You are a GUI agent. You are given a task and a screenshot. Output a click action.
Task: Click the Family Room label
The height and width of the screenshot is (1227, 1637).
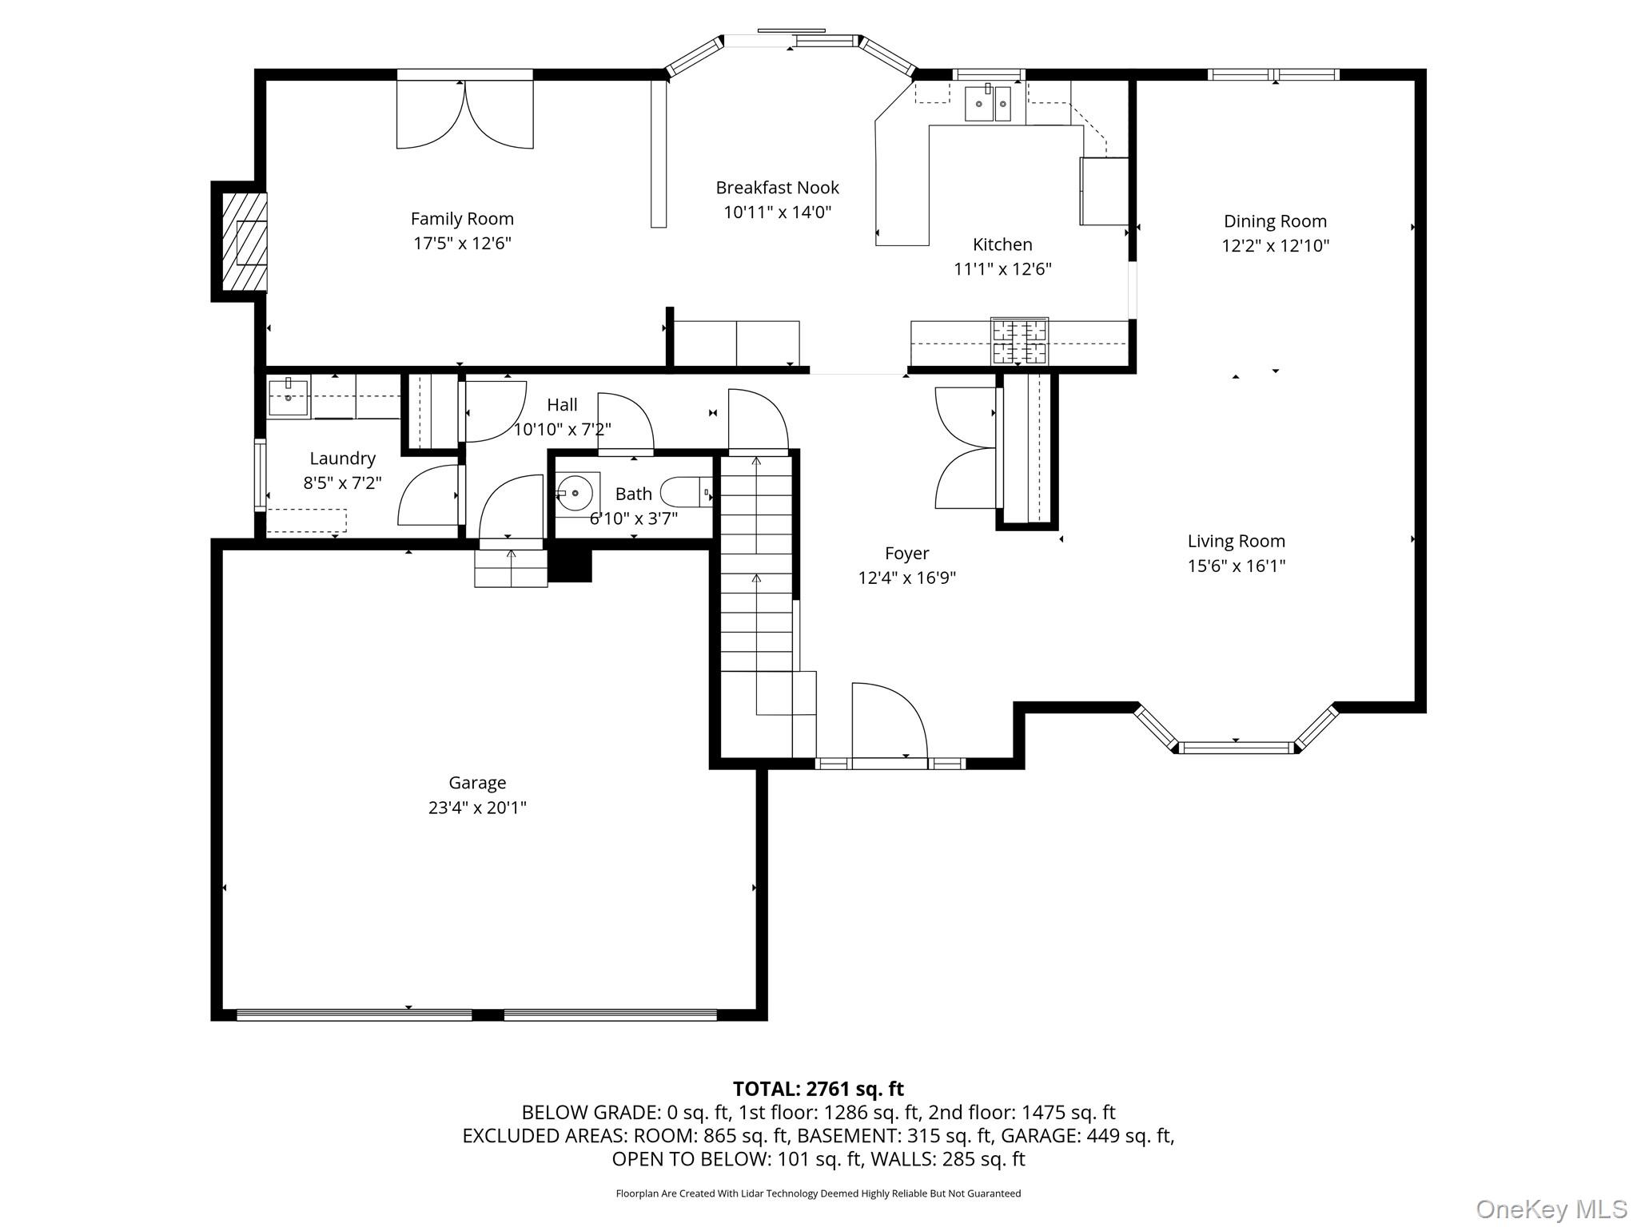pyautogui.click(x=462, y=219)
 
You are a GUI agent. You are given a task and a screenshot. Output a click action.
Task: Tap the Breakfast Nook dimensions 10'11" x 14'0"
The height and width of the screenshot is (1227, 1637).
pyautogui.click(x=777, y=212)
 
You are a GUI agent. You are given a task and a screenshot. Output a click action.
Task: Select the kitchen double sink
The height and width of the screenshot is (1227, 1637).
pyautogui.click(x=988, y=104)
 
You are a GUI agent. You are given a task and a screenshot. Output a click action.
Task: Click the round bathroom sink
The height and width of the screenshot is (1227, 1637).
pyautogui.click(x=576, y=494)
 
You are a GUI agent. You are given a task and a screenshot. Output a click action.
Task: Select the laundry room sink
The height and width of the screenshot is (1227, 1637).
pyautogui.click(x=288, y=397)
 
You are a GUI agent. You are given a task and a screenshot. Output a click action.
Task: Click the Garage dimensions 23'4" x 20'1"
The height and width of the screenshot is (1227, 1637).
pyautogui.click(x=477, y=808)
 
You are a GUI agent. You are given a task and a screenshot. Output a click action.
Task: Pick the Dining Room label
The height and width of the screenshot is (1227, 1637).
pyautogui.click(x=1275, y=221)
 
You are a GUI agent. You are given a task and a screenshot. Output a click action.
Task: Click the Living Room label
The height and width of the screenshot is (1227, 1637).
pyautogui.click(x=1236, y=542)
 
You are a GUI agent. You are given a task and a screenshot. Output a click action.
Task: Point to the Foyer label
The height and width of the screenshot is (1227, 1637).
pyautogui.click(x=906, y=554)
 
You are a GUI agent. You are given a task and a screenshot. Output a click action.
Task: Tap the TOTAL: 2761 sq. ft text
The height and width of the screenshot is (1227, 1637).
pyautogui.click(x=818, y=1089)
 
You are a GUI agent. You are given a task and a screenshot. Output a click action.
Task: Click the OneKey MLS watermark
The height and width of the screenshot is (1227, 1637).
pyautogui.click(x=1551, y=1209)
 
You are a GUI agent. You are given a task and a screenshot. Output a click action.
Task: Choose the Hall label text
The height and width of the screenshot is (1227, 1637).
pyautogui.click(x=562, y=405)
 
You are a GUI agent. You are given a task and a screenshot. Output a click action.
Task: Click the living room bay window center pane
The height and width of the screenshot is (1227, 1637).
pyautogui.click(x=1236, y=748)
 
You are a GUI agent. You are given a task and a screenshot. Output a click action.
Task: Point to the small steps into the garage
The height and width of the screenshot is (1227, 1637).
pyautogui.click(x=511, y=569)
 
